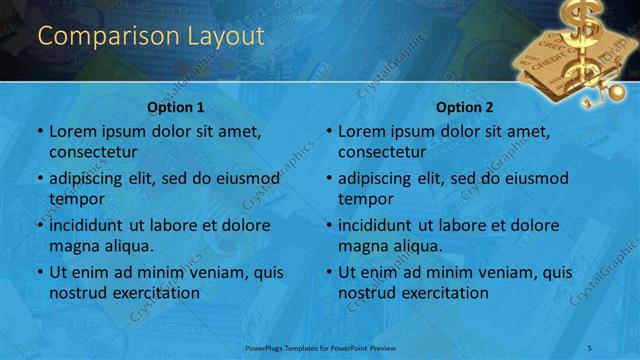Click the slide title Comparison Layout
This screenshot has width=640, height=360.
click(x=151, y=37)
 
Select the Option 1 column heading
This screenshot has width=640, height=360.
click(x=176, y=107)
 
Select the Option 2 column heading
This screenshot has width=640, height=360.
click(x=465, y=107)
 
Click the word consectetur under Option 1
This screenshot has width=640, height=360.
click(x=93, y=152)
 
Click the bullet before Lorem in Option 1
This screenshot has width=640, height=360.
click(x=39, y=131)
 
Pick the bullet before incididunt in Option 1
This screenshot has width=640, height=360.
click(x=39, y=225)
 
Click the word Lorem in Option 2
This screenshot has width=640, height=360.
click(x=362, y=131)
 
